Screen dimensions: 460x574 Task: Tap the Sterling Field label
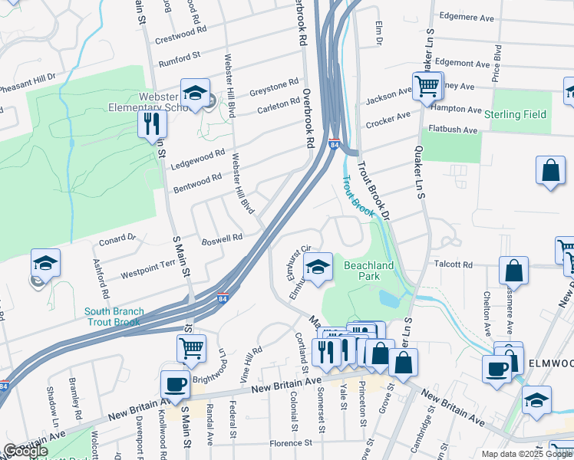click(516, 115)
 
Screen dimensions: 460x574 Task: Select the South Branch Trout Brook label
click(112, 316)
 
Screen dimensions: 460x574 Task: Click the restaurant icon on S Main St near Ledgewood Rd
click(152, 124)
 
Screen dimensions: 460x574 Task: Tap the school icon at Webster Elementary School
click(195, 94)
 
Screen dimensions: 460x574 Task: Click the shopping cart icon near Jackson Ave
click(427, 87)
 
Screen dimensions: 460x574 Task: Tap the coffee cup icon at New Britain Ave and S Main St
click(175, 385)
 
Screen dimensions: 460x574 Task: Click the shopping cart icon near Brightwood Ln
click(191, 348)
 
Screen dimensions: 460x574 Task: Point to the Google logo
click(25, 451)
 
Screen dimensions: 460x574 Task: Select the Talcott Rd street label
click(453, 264)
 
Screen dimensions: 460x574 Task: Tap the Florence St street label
click(290, 442)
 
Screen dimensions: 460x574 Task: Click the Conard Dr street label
click(117, 241)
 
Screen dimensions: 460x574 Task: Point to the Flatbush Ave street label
click(454, 130)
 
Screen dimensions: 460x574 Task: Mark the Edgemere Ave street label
click(465, 16)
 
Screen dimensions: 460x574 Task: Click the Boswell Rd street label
click(222, 238)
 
